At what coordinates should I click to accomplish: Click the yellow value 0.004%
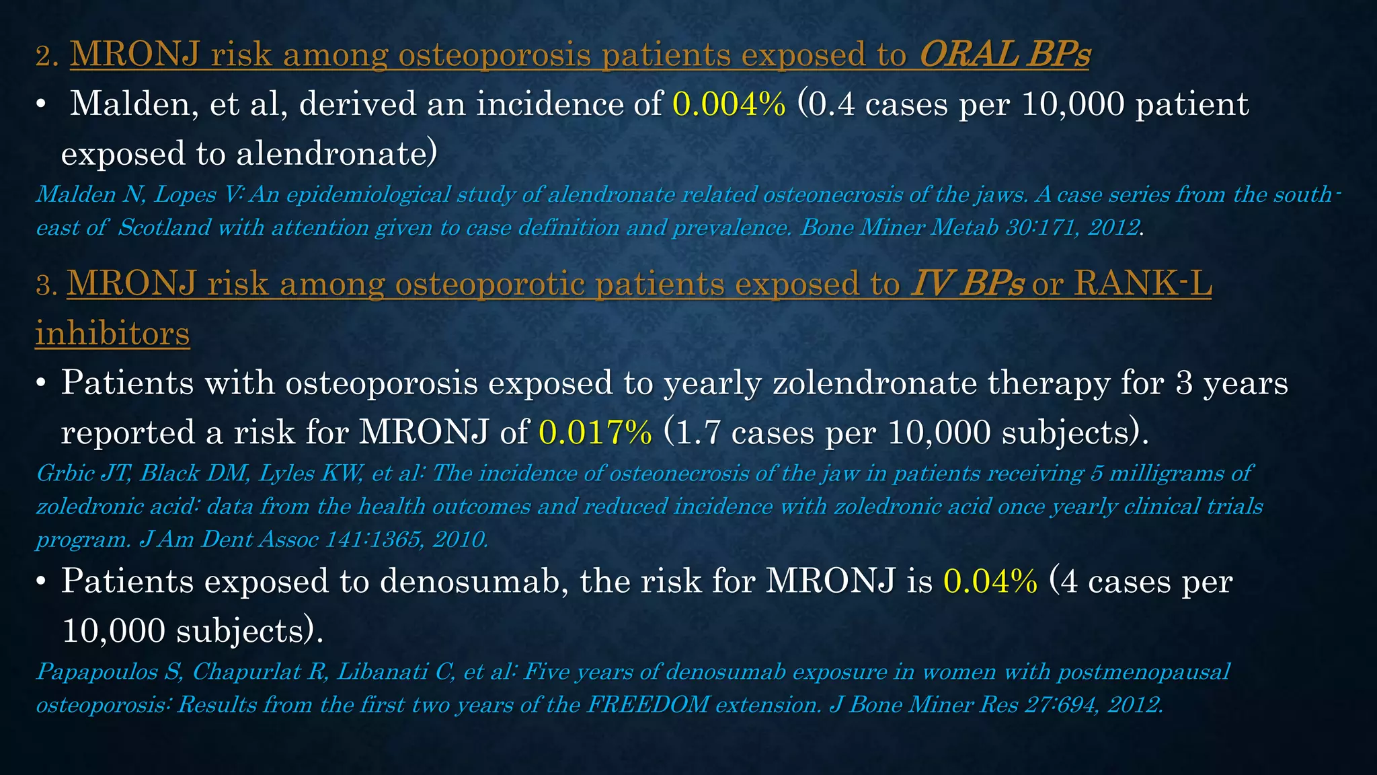729,104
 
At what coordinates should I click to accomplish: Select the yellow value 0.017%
595,432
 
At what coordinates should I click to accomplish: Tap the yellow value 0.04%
990,581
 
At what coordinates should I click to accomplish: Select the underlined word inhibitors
112,334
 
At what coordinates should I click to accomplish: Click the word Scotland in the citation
164,228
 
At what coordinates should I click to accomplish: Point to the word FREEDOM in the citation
647,705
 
